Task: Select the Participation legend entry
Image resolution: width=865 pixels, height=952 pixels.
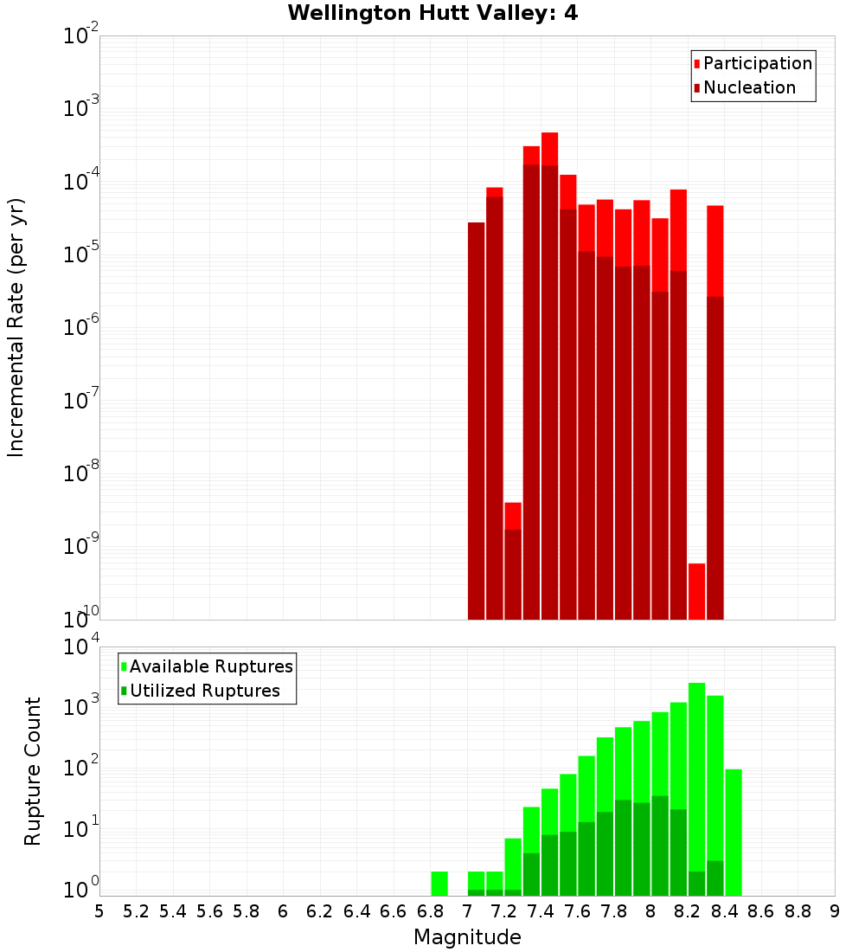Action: pos(757,63)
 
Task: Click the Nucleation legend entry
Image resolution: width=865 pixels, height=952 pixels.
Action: pos(748,87)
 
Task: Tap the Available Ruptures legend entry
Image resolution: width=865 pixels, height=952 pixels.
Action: pos(210,666)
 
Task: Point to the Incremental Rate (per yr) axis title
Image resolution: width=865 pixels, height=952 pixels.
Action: pos(16,327)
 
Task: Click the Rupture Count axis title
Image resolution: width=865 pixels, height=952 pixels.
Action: pos(33,771)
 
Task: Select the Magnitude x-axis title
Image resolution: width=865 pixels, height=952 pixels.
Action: pos(467,937)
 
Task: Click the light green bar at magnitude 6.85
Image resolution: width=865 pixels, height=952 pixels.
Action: pos(439,884)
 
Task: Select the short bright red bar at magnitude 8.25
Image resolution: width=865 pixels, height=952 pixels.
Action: pos(696,591)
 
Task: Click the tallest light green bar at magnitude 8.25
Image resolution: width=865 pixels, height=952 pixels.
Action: pos(696,779)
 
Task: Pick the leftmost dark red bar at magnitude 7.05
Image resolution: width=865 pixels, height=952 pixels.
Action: pos(476,421)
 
